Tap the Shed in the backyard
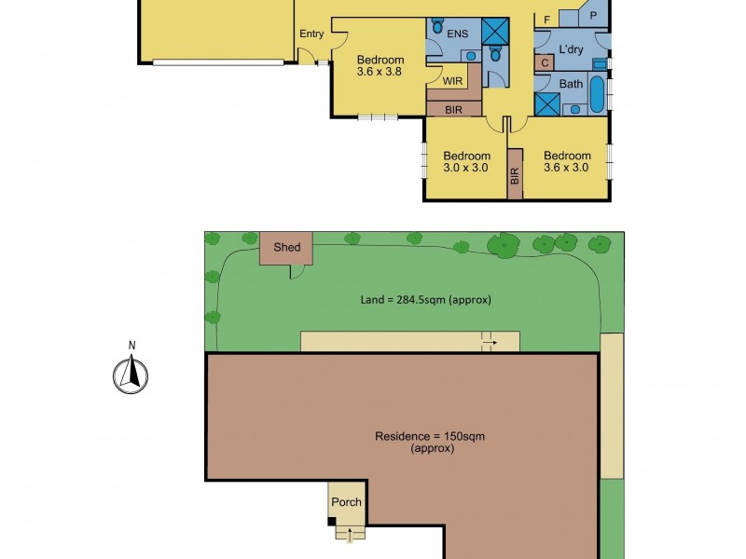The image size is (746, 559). coord(286,247)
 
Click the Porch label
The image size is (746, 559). coord(346,502)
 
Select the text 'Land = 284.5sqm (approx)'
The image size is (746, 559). coord(425,300)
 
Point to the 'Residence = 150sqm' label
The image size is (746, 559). coord(430,436)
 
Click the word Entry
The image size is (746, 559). coord(311,34)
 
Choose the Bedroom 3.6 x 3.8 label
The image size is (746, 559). coord(380,67)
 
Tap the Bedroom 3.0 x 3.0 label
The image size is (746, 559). coord(466,162)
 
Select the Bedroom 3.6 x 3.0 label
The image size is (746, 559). coord(567,162)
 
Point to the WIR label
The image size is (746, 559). coord(453,81)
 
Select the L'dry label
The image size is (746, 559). coord(571,48)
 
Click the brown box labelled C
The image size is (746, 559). coord(544,62)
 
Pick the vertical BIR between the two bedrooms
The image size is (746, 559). coord(513,173)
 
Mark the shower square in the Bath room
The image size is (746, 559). coord(546,102)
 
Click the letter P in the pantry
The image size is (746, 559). coord(592,17)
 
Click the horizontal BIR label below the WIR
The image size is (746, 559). coord(453,109)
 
